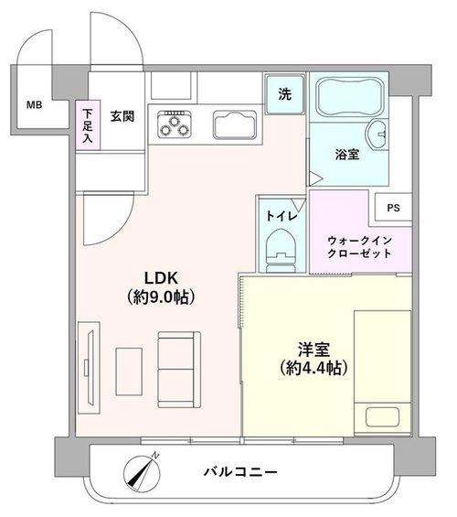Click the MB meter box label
pos(34,105)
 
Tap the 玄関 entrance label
pos(122,116)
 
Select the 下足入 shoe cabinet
pos(88,125)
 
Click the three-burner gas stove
pos(175,124)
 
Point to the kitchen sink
pos(234,125)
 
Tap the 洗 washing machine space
pos(285,94)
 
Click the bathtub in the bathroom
pos(349,97)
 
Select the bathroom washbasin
pos(376,135)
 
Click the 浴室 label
pos(347,155)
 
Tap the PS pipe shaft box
pos(393,208)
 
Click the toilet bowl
pos(282,250)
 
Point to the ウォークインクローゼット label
pos(359,247)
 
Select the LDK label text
pos(162,278)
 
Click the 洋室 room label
pos(314,350)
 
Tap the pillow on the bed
pos(382,416)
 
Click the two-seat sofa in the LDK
pos(179,370)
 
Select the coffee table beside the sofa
pos(129,372)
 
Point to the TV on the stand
pos(90,367)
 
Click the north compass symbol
pos(143,473)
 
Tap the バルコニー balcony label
pos(240,472)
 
